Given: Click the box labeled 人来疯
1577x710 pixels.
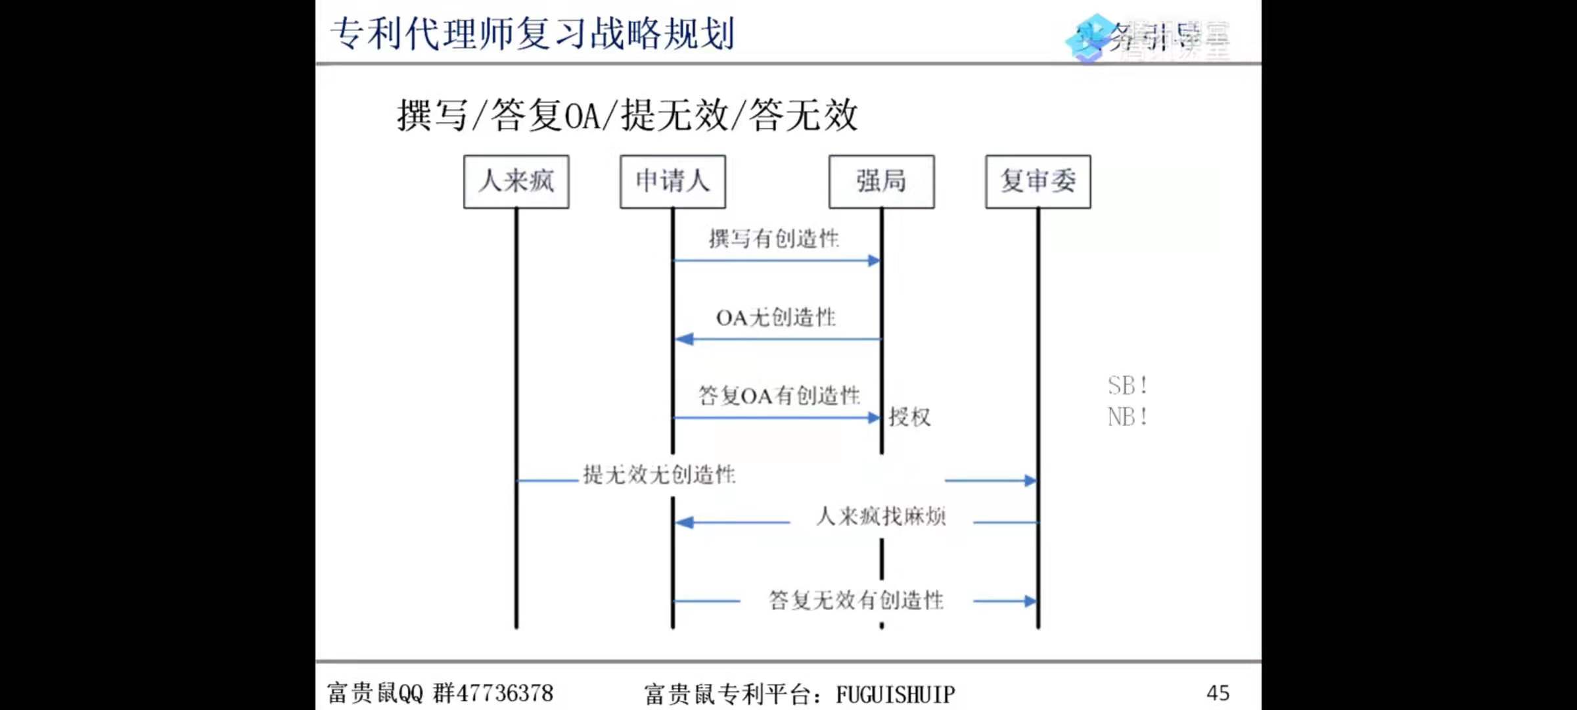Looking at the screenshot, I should point(516,181).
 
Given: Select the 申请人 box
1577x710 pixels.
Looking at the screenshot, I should point(672,181).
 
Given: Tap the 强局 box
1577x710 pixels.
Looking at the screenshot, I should point(881,181).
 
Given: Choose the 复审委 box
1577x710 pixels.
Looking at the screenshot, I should point(1038,181).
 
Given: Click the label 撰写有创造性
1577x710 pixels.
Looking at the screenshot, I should point(774,239).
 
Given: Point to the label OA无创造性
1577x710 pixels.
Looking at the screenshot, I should point(776,318).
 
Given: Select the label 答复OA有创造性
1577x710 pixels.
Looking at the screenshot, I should point(779,396).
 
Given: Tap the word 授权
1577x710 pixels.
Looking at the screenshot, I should point(910,417).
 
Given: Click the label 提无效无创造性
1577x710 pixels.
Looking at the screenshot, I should point(659,475).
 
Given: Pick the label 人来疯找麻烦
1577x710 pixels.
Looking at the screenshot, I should point(881,517).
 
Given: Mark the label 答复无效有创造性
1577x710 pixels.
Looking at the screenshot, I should point(856,600).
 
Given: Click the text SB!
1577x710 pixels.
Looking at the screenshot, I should point(1128,386).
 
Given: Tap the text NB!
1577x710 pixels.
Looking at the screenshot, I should point(1128,417).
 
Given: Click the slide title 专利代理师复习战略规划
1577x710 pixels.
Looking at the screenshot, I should point(532,34).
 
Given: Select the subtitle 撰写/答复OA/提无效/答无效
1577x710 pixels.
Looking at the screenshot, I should point(628,116).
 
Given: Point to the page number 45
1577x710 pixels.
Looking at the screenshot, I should point(1218,693).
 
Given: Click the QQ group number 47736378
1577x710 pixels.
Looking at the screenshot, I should point(505,693).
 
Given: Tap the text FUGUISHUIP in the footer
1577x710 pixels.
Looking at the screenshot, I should point(895,694).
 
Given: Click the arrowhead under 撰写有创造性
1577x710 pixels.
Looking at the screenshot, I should point(874,261).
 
